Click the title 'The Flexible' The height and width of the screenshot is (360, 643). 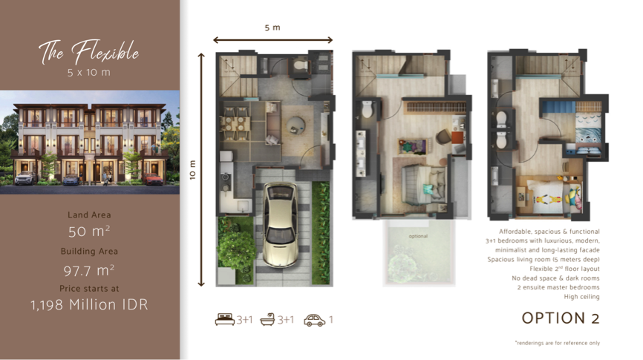(89, 53)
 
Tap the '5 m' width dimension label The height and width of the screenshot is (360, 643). (272, 27)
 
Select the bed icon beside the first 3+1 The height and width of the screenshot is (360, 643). (224, 321)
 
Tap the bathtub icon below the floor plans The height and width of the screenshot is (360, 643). (267, 321)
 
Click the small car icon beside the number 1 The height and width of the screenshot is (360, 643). (314, 321)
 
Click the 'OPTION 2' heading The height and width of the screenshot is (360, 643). (560, 318)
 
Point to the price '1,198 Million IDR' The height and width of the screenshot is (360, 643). (89, 304)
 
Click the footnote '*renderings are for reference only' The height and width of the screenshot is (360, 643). (557, 343)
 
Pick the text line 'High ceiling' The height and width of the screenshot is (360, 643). (581, 297)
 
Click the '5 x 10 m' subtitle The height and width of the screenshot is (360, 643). (89, 73)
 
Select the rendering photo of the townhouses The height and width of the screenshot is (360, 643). (89, 141)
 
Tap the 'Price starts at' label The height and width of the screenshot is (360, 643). (89, 287)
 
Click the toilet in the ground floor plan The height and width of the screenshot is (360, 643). (298, 66)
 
